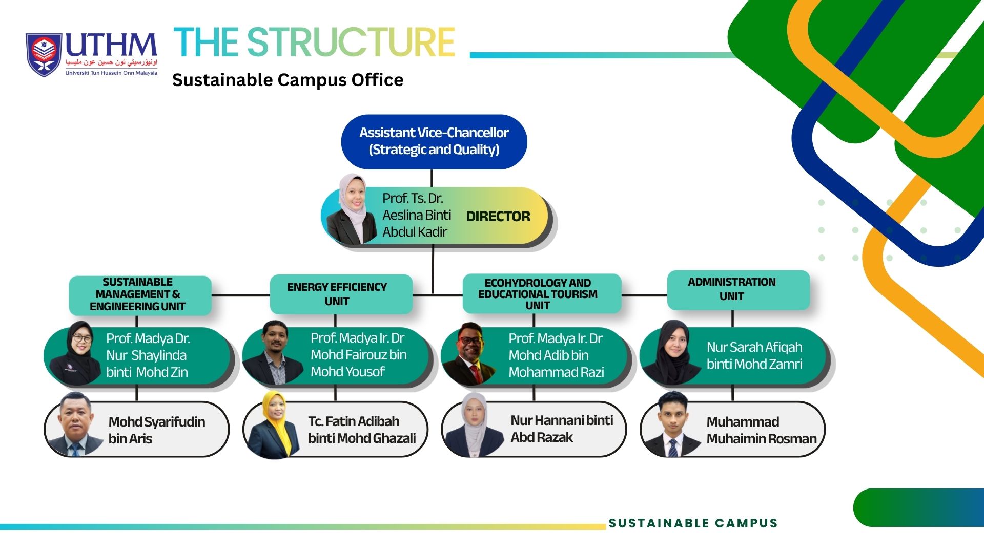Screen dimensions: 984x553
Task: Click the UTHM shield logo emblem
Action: click(44, 55)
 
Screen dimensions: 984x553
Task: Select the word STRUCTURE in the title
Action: click(351, 42)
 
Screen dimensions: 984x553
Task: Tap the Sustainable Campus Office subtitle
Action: click(288, 80)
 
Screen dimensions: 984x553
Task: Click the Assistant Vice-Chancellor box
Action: click(434, 141)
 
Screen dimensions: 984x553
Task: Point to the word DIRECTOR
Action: click(498, 217)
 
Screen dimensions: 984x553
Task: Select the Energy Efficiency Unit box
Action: click(341, 294)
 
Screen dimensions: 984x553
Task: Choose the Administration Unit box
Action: click(739, 290)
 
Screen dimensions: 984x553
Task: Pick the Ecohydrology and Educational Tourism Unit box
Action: click(542, 293)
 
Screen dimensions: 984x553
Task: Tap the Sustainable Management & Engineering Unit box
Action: click(140, 295)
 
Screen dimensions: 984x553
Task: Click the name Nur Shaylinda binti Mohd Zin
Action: click(148, 355)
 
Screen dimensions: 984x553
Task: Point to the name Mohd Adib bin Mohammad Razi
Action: click(556, 355)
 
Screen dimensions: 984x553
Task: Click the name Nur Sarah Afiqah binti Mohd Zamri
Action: click(754, 355)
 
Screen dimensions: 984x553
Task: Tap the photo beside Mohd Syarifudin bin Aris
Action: click(76, 424)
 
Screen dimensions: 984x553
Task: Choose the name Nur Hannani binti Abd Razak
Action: click(562, 429)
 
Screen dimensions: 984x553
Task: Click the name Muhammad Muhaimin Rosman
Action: click(762, 430)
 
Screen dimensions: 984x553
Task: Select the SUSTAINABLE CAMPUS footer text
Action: click(693, 523)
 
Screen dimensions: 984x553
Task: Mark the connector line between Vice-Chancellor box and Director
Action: click(432, 178)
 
